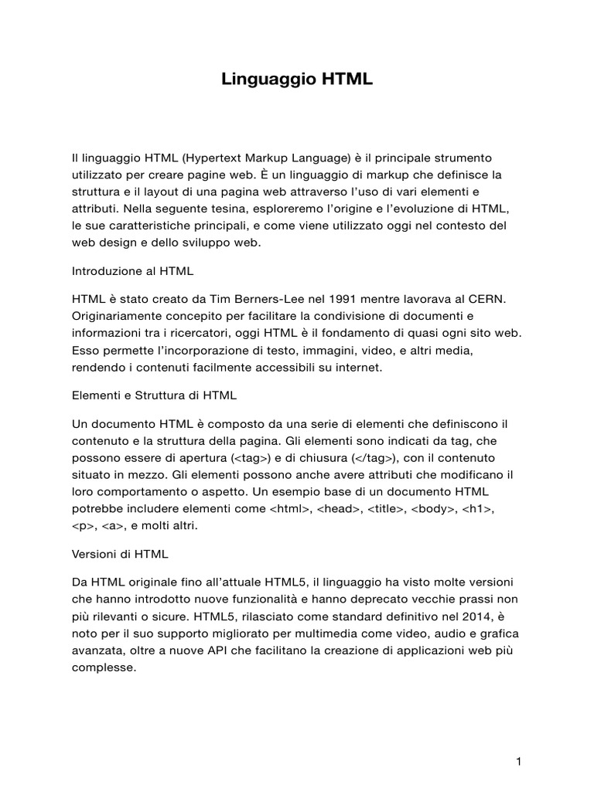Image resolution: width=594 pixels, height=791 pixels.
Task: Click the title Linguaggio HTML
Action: [x=298, y=78]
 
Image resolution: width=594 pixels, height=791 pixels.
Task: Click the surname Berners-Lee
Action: [x=261, y=299]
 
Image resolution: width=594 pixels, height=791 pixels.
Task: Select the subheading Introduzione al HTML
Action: [x=132, y=271]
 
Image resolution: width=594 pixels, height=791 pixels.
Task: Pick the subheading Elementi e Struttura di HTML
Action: [x=154, y=395]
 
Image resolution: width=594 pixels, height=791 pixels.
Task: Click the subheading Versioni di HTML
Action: [x=120, y=554]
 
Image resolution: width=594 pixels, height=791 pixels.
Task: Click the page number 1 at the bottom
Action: [x=519, y=740]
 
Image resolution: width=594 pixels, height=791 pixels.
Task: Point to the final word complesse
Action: [x=103, y=668]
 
